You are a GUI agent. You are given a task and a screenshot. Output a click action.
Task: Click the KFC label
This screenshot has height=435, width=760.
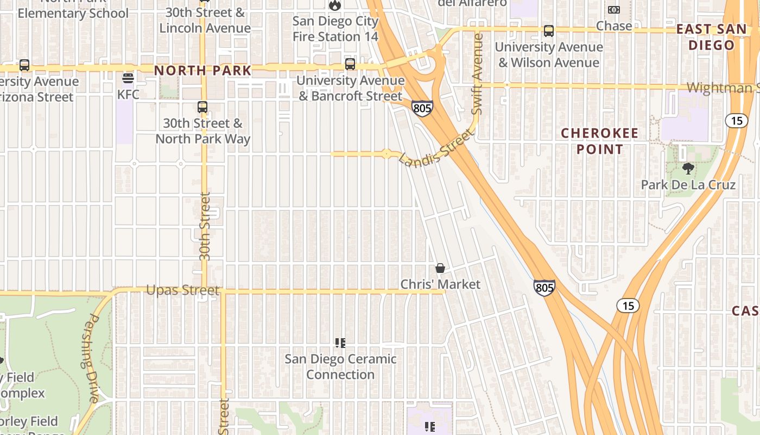click(128, 95)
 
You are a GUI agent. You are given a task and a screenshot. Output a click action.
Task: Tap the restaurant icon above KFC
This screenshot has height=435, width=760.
click(128, 78)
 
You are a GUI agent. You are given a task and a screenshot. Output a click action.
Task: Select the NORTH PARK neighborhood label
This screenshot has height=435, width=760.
click(203, 70)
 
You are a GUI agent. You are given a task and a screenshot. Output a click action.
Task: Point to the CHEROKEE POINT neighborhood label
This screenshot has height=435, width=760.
click(599, 141)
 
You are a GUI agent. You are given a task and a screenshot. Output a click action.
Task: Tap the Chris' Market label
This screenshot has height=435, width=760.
click(440, 284)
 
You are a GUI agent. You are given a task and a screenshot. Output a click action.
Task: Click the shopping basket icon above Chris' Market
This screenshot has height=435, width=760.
click(440, 268)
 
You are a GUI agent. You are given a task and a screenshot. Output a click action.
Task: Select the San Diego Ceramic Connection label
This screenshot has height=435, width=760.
click(340, 366)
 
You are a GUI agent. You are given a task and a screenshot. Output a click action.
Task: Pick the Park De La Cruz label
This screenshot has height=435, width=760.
click(688, 185)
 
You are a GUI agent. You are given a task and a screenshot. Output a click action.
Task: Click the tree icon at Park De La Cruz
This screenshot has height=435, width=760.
click(688, 169)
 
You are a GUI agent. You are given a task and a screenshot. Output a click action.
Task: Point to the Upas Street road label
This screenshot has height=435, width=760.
click(182, 290)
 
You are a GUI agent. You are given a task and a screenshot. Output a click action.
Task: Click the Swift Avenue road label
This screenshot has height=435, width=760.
click(477, 74)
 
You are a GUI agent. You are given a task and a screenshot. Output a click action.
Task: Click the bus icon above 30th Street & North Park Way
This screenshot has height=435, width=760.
click(202, 107)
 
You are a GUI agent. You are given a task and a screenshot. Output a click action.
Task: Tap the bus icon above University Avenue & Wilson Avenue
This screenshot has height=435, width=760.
click(549, 31)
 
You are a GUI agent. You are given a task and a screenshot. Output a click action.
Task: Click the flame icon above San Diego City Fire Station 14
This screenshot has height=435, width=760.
click(335, 5)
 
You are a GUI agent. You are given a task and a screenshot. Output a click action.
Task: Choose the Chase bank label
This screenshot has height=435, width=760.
click(614, 26)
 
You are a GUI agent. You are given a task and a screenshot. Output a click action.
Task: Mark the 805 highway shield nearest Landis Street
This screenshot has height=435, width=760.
click(422, 108)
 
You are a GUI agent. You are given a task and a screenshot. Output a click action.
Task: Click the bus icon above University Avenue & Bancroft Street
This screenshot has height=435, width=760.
click(350, 64)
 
